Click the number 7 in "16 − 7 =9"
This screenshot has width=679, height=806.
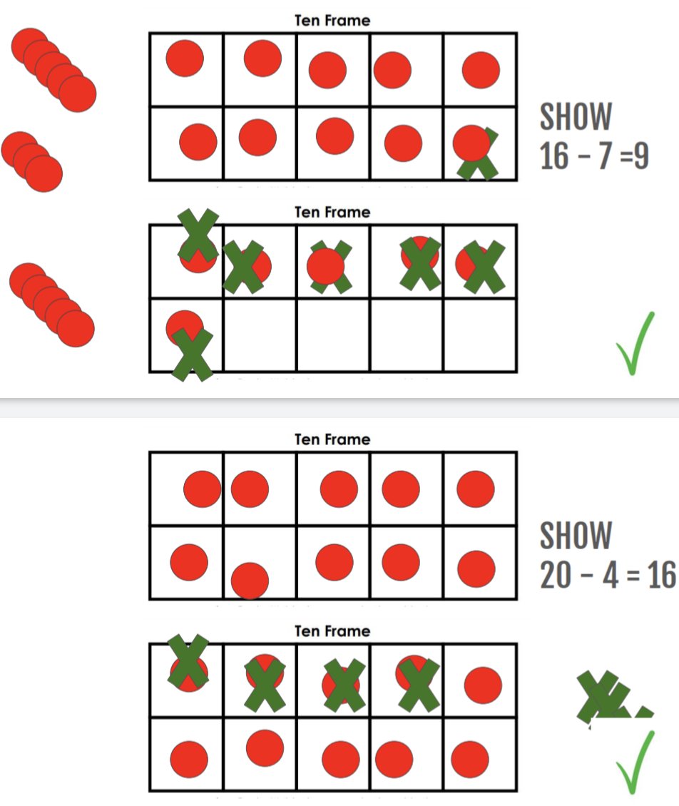[607, 155]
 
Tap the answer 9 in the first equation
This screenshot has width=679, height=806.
[640, 155]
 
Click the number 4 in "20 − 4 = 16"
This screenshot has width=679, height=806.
[611, 575]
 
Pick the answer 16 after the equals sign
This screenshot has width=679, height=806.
[660, 575]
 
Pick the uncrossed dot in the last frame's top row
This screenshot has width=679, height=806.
[483, 685]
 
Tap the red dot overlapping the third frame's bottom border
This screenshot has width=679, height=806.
[250, 580]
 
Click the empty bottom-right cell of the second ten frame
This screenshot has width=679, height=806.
[480, 335]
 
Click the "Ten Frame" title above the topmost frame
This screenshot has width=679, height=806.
[332, 21]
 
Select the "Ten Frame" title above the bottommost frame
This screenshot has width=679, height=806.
[332, 631]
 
